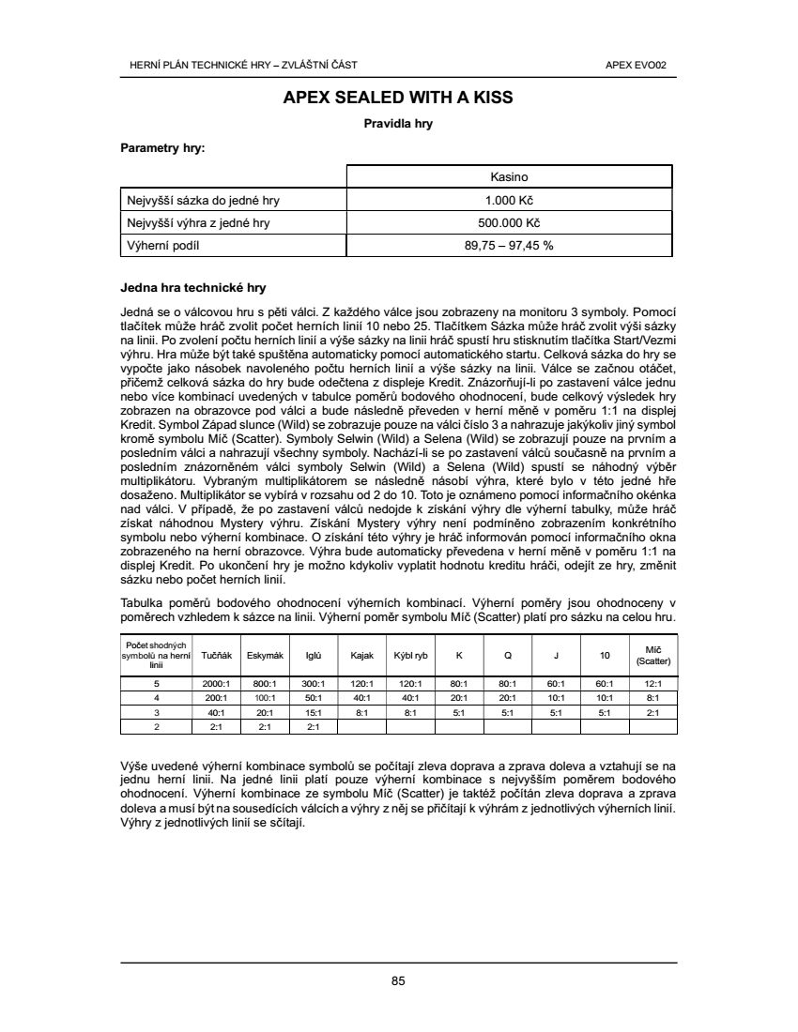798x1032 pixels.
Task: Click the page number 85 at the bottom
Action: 398,981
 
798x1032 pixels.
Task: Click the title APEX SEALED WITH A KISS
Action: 398,98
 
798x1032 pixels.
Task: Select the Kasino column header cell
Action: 510,176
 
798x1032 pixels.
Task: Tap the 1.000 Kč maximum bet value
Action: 510,200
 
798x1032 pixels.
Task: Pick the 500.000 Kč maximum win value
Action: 510,222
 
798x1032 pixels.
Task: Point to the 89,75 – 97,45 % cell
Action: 510,246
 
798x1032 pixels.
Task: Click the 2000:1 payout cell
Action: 217,684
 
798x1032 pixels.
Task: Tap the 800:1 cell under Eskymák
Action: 265,684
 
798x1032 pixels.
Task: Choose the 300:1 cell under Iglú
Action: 314,684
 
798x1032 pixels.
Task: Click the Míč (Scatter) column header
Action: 653,655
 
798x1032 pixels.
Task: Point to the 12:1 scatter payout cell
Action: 653,684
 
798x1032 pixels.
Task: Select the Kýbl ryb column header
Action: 410,655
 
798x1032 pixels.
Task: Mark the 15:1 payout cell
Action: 314,712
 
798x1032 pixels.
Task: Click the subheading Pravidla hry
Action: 398,123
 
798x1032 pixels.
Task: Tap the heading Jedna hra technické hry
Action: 194,287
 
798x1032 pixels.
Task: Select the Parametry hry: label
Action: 162,147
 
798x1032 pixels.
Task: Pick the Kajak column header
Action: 362,655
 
